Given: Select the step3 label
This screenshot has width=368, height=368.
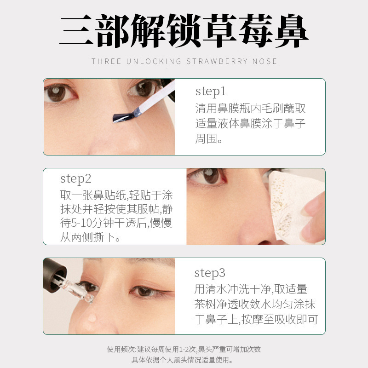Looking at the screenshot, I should point(210,273).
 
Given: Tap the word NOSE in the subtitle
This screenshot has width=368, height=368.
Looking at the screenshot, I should point(264,61).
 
